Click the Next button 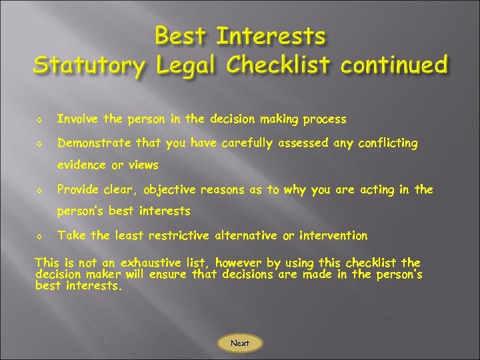point(240,343)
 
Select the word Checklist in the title point(279,65)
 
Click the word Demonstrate point(95,143)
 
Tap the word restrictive point(177,235)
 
